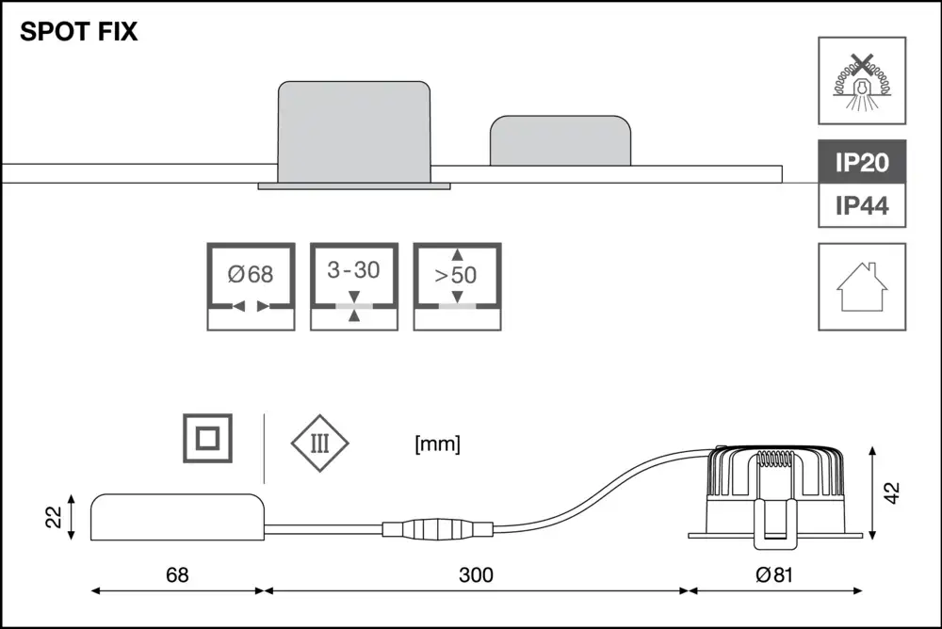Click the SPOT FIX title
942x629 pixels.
click(x=79, y=31)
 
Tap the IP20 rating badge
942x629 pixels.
click(x=862, y=162)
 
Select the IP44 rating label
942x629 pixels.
click(x=862, y=206)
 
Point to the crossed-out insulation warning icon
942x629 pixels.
click(x=862, y=81)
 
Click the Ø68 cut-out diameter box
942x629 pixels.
click(x=252, y=286)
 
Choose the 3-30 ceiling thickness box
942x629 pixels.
click(x=354, y=286)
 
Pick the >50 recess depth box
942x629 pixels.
click(x=457, y=286)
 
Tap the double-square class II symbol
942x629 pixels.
click(x=208, y=438)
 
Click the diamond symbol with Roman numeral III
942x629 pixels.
click(x=319, y=444)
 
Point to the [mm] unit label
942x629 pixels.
click(x=437, y=444)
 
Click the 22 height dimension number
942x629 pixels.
click(x=54, y=517)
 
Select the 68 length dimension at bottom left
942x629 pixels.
click(x=177, y=575)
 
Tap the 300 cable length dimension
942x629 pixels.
click(x=476, y=575)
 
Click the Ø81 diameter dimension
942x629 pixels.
click(x=774, y=575)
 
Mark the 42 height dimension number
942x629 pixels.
click(x=893, y=492)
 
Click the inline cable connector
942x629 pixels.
click(x=438, y=529)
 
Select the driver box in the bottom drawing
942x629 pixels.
click(x=177, y=517)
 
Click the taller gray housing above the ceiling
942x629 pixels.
click(x=354, y=132)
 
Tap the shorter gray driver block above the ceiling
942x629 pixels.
click(x=560, y=140)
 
